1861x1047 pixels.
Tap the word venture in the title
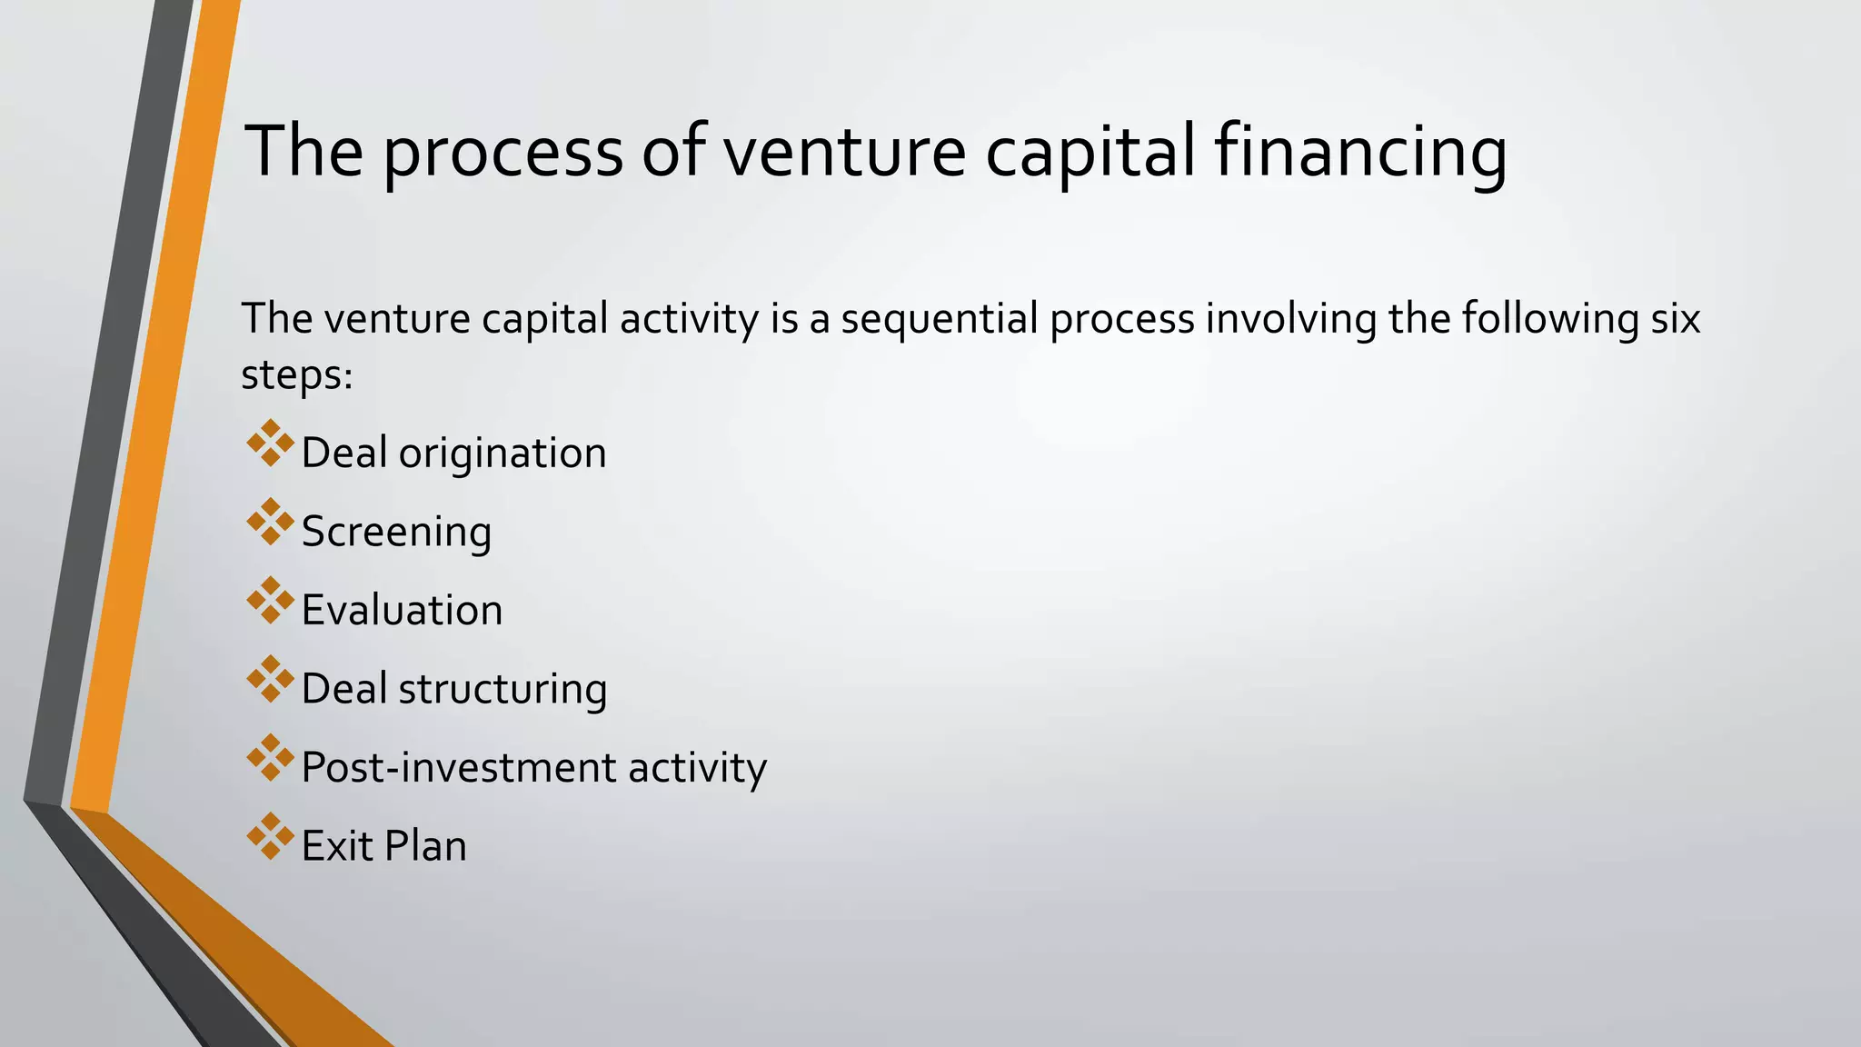click(x=844, y=152)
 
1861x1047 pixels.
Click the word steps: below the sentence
click(x=296, y=374)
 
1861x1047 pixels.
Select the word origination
click(x=503, y=453)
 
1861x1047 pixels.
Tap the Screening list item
click(x=396, y=532)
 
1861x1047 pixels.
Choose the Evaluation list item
click(x=402, y=610)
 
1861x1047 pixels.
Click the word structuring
click(x=503, y=689)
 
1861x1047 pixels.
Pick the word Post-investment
click(x=458, y=767)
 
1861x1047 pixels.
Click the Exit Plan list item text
click(x=383, y=846)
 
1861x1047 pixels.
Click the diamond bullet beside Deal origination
click(x=270, y=444)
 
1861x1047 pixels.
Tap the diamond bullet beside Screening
click(x=270, y=522)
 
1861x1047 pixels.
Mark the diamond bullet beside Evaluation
click(x=270, y=601)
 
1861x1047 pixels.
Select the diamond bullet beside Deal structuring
click(x=270, y=679)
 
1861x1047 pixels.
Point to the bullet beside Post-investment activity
click(x=270, y=758)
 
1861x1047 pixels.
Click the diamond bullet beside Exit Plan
click(x=270, y=836)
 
